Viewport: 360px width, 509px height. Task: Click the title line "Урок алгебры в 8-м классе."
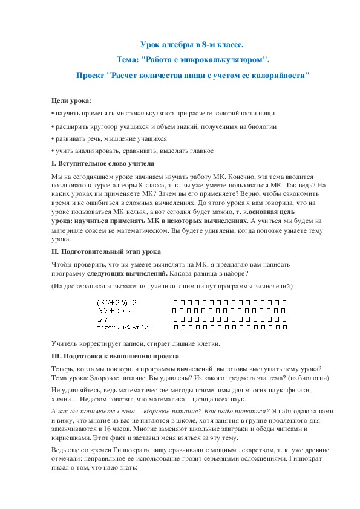pyautogui.click(x=192, y=45)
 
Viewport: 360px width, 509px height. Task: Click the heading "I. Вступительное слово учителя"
pyautogui.click(x=103, y=163)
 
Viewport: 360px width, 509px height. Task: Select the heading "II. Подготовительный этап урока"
pyautogui.click(x=106, y=251)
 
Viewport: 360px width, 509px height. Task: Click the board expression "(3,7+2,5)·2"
pyautogui.click(x=117, y=301)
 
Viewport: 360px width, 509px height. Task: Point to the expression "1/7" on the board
pyautogui.click(x=102, y=319)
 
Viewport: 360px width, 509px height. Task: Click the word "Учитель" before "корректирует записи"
pyautogui.click(x=65, y=344)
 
